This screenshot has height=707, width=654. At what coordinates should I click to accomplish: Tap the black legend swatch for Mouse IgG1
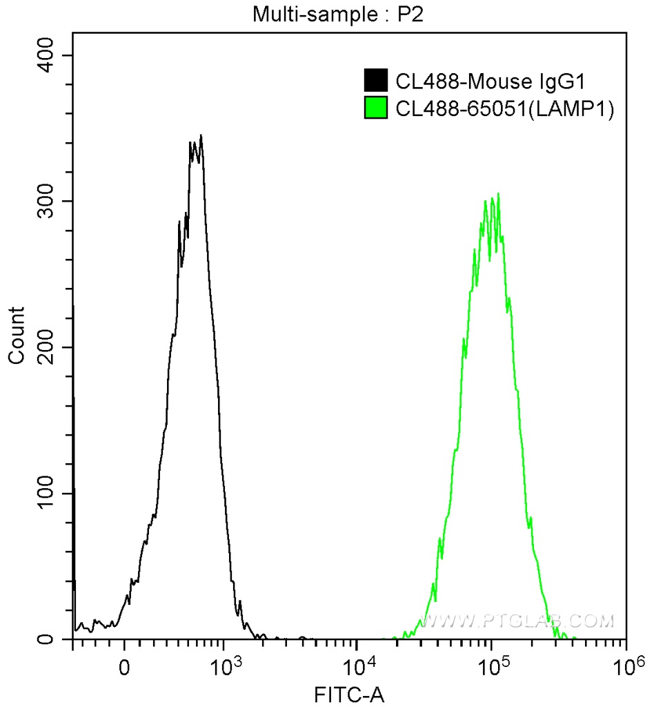click(x=376, y=81)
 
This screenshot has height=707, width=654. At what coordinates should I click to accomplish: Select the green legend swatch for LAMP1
click(x=376, y=108)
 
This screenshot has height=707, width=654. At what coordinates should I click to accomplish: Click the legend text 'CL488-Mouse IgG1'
click(x=490, y=81)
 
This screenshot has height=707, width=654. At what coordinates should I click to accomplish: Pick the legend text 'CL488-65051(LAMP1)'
click(x=504, y=108)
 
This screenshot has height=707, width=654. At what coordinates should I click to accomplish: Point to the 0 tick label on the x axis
click(x=124, y=669)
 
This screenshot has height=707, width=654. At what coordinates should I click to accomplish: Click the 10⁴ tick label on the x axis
click(x=358, y=667)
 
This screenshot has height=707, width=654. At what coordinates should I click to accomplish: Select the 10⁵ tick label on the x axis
click(x=492, y=667)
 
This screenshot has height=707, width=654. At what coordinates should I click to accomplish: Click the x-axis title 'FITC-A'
click(x=346, y=693)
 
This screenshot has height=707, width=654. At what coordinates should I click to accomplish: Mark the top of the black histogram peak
click(x=200, y=136)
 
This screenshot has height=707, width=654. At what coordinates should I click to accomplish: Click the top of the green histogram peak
click(x=497, y=194)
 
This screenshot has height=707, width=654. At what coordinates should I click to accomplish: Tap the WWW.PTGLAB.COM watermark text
click(x=517, y=621)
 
